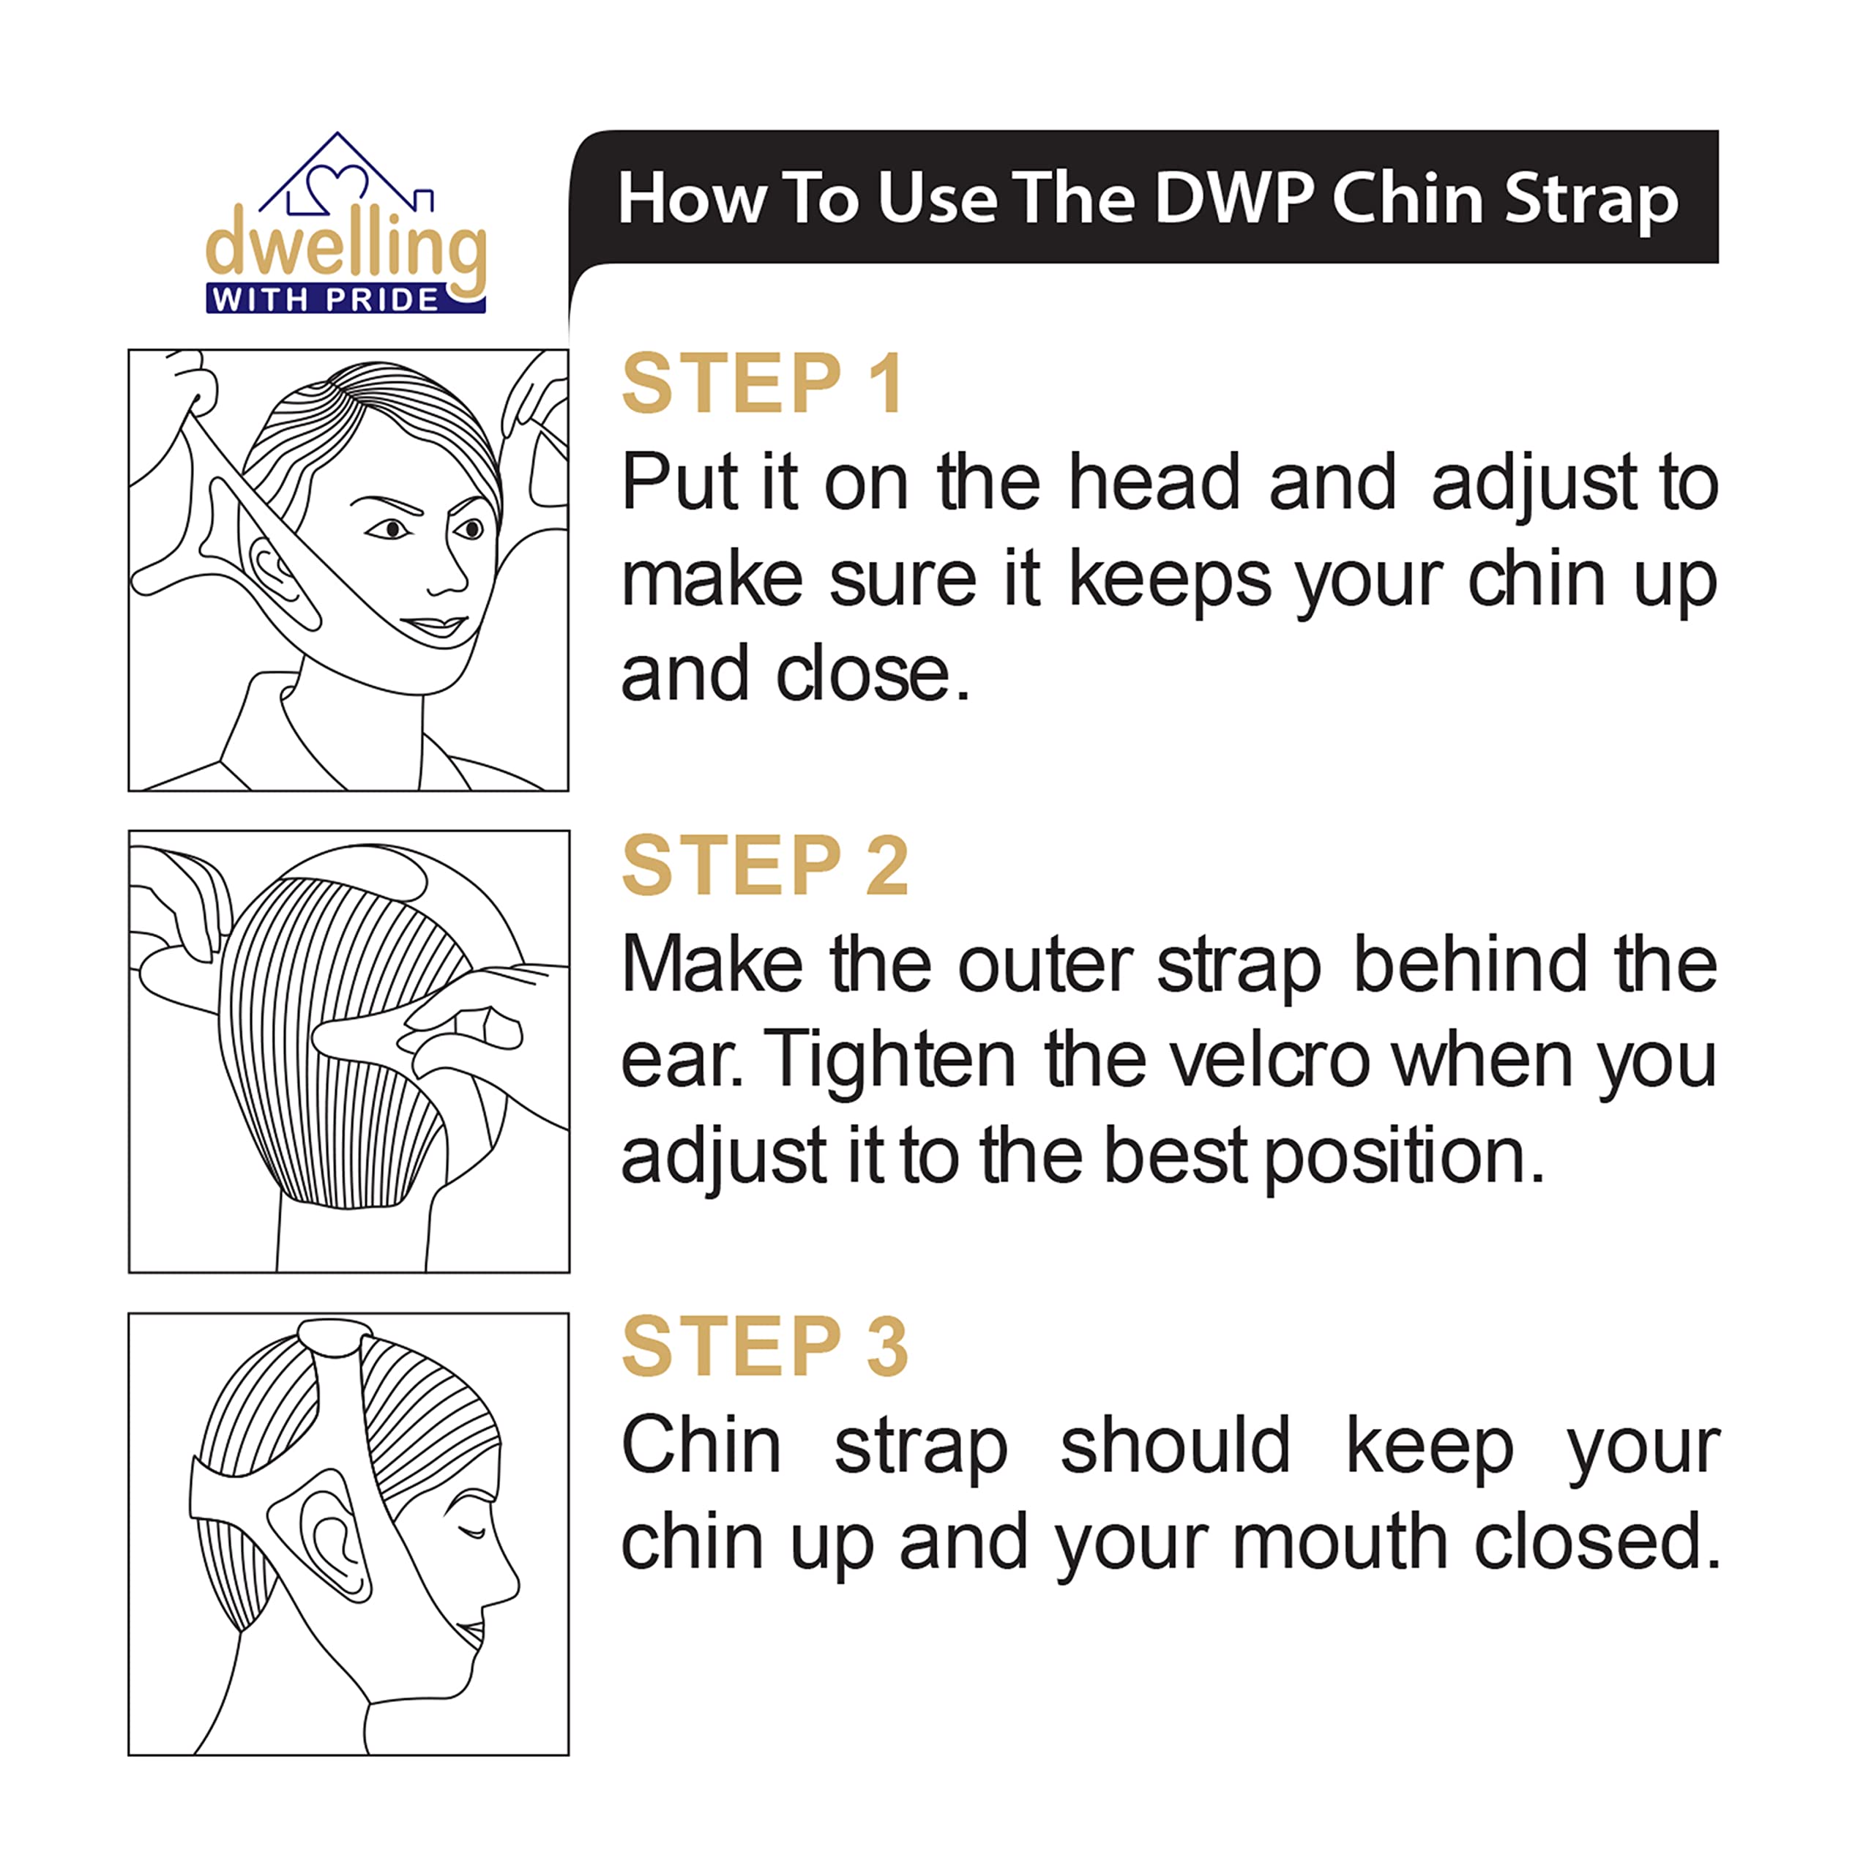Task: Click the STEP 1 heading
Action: [x=764, y=384]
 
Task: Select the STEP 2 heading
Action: [x=764, y=865]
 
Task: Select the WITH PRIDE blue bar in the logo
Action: [x=346, y=299]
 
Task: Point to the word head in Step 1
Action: [x=1154, y=482]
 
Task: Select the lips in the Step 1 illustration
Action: [x=436, y=626]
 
